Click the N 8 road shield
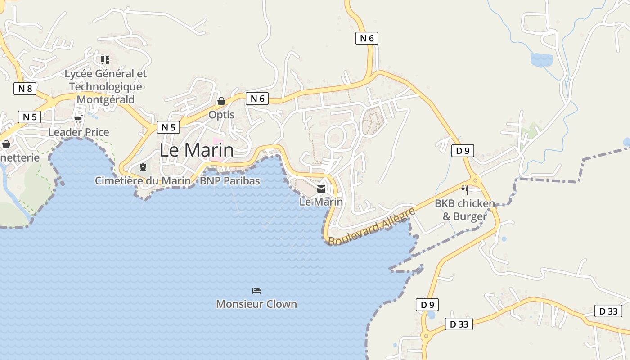[x=25, y=89]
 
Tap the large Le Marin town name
[x=197, y=150]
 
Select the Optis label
[x=221, y=115]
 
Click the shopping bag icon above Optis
[x=221, y=102]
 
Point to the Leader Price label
[x=79, y=132]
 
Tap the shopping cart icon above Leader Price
[x=78, y=119]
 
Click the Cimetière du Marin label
[x=143, y=181]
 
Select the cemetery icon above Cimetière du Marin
[x=143, y=168]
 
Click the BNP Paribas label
[x=230, y=181]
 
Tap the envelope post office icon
[x=321, y=189]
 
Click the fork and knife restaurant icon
[x=465, y=190]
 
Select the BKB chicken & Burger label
[x=465, y=210]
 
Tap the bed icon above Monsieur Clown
[x=256, y=291]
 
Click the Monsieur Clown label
[x=256, y=304]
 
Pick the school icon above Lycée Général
[x=105, y=60]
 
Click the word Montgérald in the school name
[x=106, y=99]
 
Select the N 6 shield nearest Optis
[x=257, y=99]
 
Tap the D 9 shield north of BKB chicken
[x=463, y=151]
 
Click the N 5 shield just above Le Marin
[x=168, y=127]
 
